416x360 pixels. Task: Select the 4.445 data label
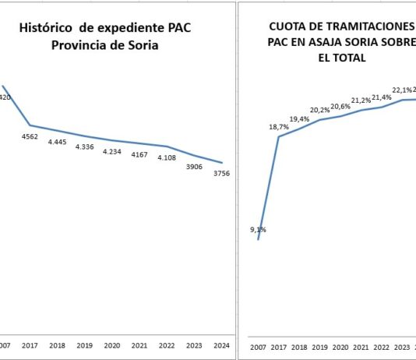pyautogui.click(x=57, y=142)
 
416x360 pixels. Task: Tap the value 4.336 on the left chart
pyautogui.click(x=84, y=146)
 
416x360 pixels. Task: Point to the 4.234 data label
pyautogui.click(x=111, y=151)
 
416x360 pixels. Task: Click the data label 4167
pyautogui.click(x=139, y=154)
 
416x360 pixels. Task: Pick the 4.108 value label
pyautogui.click(x=166, y=157)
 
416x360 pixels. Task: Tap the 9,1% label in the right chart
pyautogui.click(x=258, y=229)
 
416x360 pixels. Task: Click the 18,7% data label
pyautogui.click(x=279, y=126)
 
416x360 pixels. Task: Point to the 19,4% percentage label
pyautogui.click(x=299, y=119)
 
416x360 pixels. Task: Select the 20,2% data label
pyautogui.click(x=319, y=110)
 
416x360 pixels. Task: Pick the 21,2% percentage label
pyautogui.click(x=361, y=101)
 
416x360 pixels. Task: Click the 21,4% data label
pyautogui.click(x=381, y=97)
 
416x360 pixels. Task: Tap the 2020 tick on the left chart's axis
pyautogui.click(x=112, y=345)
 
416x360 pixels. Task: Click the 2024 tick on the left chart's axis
pyautogui.click(x=220, y=345)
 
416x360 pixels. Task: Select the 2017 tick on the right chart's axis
pyautogui.click(x=279, y=347)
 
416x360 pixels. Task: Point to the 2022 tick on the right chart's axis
pyautogui.click(x=381, y=347)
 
